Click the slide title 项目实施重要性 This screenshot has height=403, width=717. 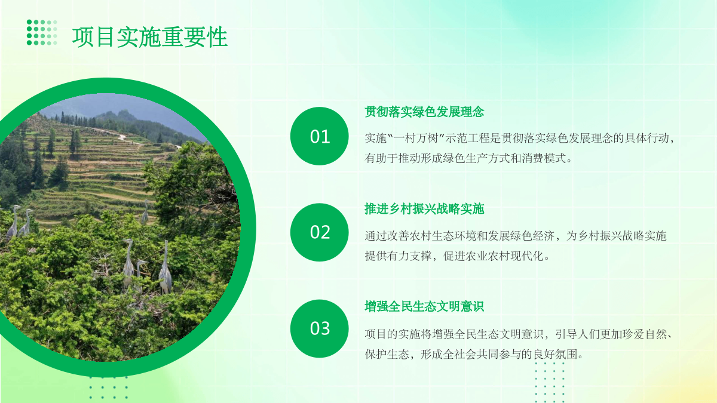(x=150, y=37)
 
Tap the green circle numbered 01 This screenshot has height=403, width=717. (x=320, y=136)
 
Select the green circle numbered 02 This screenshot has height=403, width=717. (x=320, y=232)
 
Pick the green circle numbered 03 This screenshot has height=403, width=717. (x=320, y=328)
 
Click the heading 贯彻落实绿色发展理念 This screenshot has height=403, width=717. (x=424, y=112)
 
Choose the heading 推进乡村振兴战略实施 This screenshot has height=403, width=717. (x=424, y=209)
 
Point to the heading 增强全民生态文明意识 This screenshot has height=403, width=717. (x=424, y=306)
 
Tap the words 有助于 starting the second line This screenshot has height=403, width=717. (x=381, y=158)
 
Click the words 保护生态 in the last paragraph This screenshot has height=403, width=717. (x=387, y=354)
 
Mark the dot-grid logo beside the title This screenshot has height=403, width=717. (x=42, y=32)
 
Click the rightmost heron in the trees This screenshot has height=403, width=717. (x=165, y=268)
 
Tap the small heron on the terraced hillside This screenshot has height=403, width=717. (x=145, y=212)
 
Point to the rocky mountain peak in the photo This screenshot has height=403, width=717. (x=123, y=115)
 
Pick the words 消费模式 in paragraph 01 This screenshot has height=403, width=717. (x=544, y=158)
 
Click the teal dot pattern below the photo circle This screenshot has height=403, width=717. (x=109, y=387)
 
